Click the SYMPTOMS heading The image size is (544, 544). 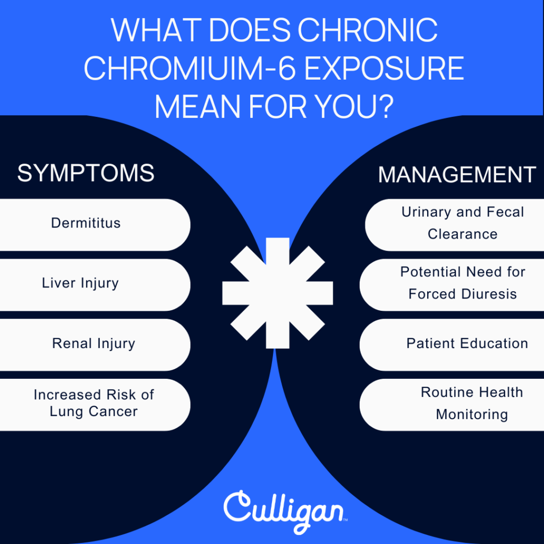click(86, 173)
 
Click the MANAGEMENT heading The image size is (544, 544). click(457, 174)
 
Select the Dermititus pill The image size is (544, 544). click(95, 225)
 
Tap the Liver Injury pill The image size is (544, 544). click(95, 285)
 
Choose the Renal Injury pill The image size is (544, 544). click(95, 345)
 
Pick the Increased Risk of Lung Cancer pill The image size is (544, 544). click(95, 405)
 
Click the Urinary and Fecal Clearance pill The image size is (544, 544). click(455, 225)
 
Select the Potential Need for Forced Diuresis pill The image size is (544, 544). click(452, 285)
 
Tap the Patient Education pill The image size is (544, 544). click(452, 345)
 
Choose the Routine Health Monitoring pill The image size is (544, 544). click(452, 405)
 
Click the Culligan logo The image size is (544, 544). click(285, 512)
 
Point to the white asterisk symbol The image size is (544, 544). click(277, 293)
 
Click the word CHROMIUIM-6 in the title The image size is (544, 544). click(190, 68)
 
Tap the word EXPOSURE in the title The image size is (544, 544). click(385, 68)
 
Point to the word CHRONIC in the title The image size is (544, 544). click(368, 30)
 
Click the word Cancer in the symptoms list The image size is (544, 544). click(113, 412)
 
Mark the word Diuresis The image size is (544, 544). click(489, 294)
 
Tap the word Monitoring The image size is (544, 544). click(472, 415)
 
